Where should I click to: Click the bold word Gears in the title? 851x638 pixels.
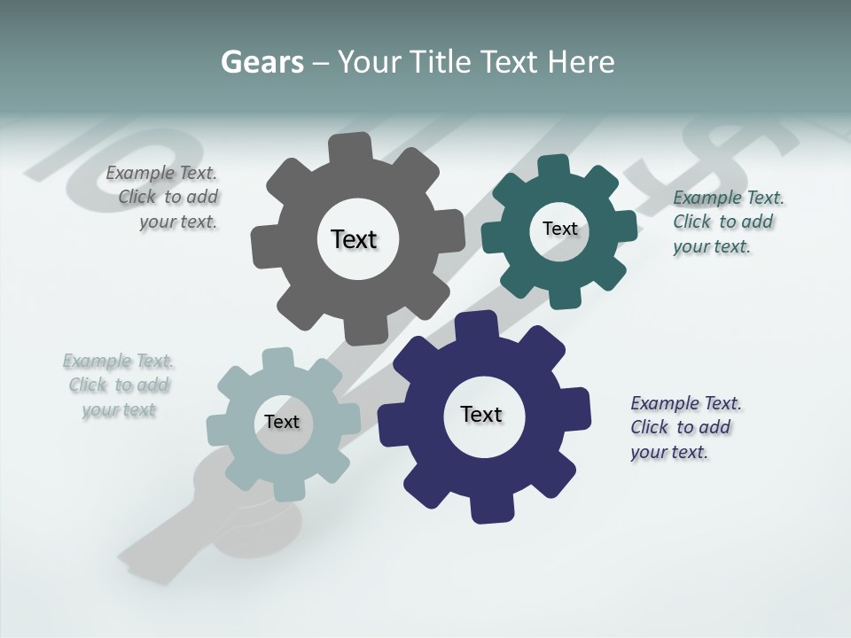tap(262, 62)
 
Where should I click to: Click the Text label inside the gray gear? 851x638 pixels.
tap(354, 239)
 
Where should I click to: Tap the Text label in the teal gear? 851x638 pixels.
tap(559, 229)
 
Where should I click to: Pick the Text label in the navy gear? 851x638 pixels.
tap(481, 415)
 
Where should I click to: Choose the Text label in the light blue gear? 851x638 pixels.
tap(281, 422)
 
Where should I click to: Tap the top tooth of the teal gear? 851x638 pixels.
tap(553, 167)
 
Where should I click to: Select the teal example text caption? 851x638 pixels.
tap(727, 222)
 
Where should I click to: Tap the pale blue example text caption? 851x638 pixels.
tap(119, 385)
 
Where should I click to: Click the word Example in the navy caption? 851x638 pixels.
tap(664, 403)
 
